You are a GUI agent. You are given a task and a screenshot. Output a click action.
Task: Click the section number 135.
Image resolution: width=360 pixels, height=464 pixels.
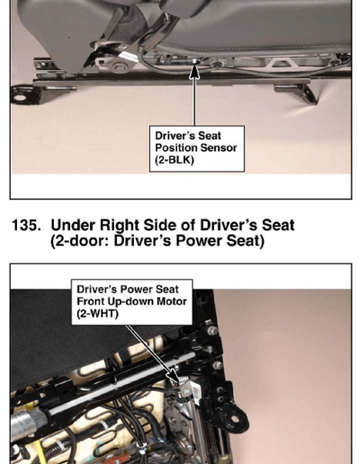26,226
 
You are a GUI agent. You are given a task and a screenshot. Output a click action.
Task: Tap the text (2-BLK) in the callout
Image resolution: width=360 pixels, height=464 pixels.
175,160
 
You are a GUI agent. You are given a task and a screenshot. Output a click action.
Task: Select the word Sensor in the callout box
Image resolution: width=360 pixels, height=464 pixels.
219,147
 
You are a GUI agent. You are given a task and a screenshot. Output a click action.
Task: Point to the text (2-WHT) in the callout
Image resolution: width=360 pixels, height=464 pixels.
97,314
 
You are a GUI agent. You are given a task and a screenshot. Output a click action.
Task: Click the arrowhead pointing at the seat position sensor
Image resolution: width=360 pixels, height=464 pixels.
194,71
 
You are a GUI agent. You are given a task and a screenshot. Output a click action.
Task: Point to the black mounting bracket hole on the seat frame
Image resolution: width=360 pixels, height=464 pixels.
235,419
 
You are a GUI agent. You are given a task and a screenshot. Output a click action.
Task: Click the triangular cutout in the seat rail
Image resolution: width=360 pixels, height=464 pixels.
282,63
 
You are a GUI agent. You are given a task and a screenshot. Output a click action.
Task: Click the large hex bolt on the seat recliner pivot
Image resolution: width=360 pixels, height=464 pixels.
120,67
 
